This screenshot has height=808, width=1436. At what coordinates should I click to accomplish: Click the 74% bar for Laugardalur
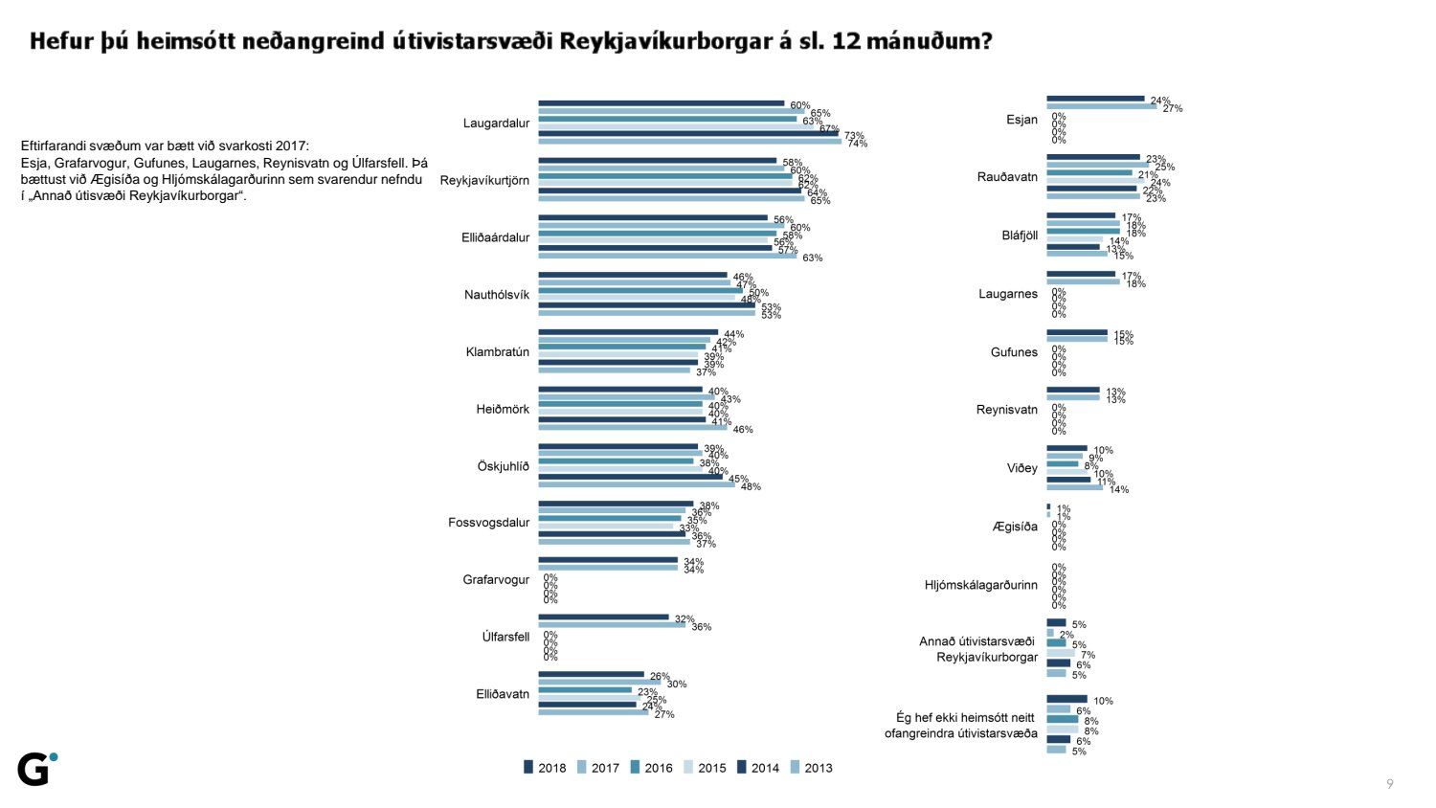pyautogui.click(x=689, y=142)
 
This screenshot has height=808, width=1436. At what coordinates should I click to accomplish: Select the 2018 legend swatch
pyautogui.click(x=528, y=767)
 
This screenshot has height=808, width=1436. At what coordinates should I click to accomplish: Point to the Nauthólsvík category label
pyautogui.click(x=497, y=295)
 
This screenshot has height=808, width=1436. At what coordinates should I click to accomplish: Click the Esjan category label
pyautogui.click(x=1021, y=120)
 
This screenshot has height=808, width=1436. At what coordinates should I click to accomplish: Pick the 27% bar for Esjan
pyautogui.click(x=1101, y=106)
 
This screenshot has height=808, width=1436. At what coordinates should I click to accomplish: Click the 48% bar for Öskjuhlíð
pyautogui.click(x=636, y=484)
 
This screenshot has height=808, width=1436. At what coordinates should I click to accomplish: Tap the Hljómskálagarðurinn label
pyautogui.click(x=981, y=585)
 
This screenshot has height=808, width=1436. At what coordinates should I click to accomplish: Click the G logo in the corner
pyautogui.click(x=36, y=769)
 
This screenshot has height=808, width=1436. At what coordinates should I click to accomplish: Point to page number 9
pyautogui.click(x=1390, y=784)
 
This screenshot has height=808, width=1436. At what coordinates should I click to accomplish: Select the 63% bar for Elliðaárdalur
pyautogui.click(x=667, y=256)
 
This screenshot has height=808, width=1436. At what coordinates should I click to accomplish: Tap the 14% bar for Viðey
pyautogui.click(x=1074, y=487)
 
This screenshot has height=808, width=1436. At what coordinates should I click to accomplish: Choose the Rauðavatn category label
pyautogui.click(x=1007, y=177)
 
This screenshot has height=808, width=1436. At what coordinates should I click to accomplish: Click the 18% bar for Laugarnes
pyautogui.click(x=1083, y=281)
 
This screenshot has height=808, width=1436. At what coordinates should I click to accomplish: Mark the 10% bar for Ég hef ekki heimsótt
pyautogui.click(x=1066, y=699)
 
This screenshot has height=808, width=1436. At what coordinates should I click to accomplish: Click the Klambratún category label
pyautogui.click(x=497, y=352)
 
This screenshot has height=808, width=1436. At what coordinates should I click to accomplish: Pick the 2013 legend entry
pyautogui.click(x=811, y=768)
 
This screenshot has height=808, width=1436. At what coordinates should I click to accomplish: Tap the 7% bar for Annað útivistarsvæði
pyautogui.click(x=1061, y=653)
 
